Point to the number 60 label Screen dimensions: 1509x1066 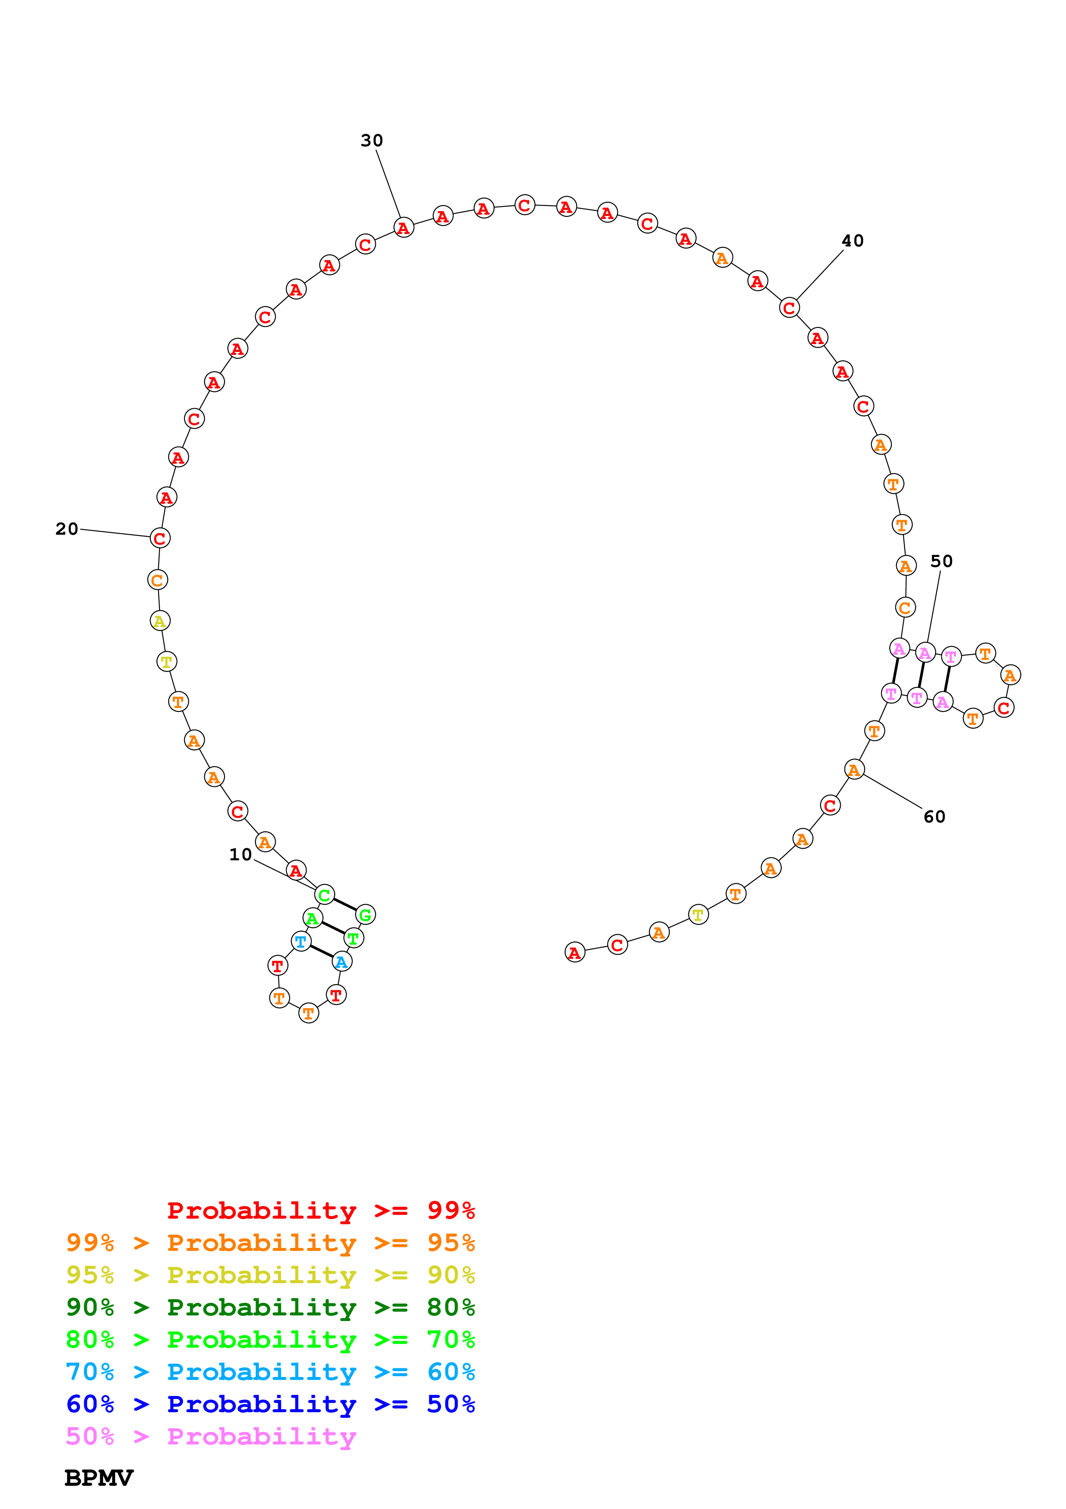[x=934, y=817]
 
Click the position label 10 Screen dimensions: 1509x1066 [x=240, y=854]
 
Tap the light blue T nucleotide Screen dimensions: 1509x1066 [x=301, y=942]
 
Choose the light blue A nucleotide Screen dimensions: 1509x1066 [x=341, y=962]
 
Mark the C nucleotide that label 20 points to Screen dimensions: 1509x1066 [x=160, y=538]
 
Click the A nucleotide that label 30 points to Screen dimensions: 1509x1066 [x=403, y=228]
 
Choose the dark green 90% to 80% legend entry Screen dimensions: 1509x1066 [x=270, y=1308]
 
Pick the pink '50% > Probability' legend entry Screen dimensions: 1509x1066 [x=211, y=1437]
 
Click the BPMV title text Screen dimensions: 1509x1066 [x=98, y=1478]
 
